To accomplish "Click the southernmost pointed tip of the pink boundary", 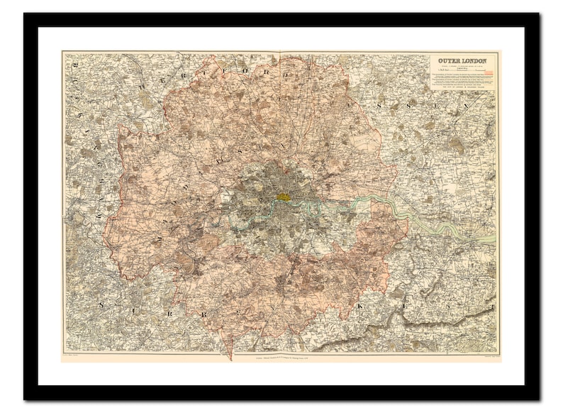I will click(x=228, y=358).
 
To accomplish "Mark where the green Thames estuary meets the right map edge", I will click(x=495, y=240).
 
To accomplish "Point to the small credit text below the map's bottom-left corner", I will click(x=75, y=356).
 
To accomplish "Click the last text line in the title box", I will click(x=464, y=87).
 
